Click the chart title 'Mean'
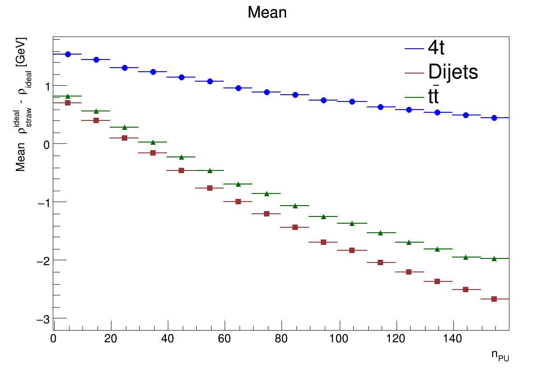pos(267,13)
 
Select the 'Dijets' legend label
pos(453,72)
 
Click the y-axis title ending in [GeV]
pos(22,104)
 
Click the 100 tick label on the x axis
pos(339,339)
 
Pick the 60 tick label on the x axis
pos(225,339)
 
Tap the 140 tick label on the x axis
pos(453,339)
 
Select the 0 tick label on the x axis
pos(54,339)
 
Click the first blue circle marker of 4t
pos(68,54)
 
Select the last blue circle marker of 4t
pos(494,118)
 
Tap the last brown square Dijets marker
pos(494,299)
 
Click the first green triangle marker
pos(68,96)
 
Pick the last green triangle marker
pos(494,258)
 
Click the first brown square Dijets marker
pos(68,103)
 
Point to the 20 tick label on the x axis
pos(111,339)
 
